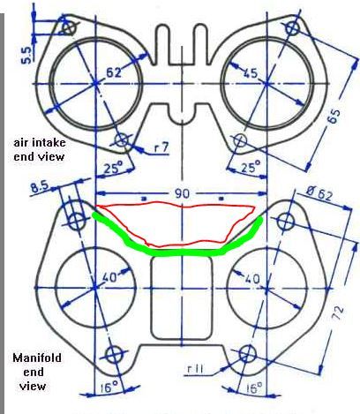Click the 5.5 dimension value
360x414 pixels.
pyautogui.click(x=26, y=56)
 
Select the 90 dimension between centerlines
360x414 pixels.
pyautogui.click(x=183, y=194)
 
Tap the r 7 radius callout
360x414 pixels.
pyautogui.click(x=161, y=147)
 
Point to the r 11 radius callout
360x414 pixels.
pyautogui.click(x=195, y=370)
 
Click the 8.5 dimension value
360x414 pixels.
pyautogui.click(x=41, y=187)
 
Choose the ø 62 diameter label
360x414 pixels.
pyautogui.click(x=319, y=195)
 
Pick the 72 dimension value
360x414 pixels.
pyautogui.click(x=338, y=312)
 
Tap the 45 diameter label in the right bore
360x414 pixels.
pyautogui.click(x=250, y=72)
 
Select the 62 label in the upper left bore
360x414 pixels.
pyautogui.click(x=113, y=72)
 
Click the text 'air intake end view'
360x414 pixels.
pyautogui.click(x=40, y=150)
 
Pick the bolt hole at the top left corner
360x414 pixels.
pyautogui.click(x=69, y=28)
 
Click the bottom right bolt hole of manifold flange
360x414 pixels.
pyautogui.click(x=248, y=354)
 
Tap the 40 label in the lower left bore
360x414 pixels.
pyautogui.click(x=110, y=277)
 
